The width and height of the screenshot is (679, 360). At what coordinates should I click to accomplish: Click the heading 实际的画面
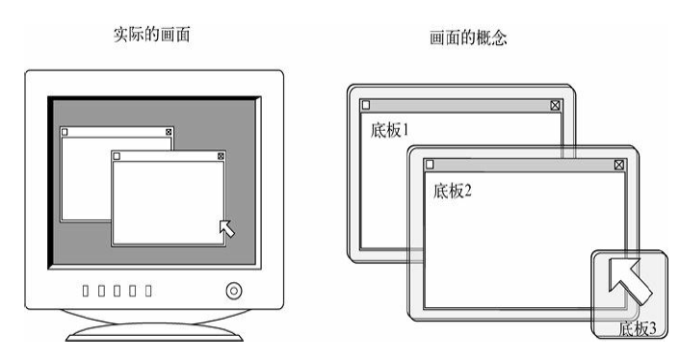pyautogui.click(x=151, y=35)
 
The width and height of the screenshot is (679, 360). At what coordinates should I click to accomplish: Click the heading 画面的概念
pyautogui.click(x=468, y=38)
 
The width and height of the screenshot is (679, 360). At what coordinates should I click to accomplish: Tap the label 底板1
pyautogui.click(x=389, y=130)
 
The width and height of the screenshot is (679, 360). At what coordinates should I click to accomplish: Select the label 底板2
pyautogui.click(x=452, y=191)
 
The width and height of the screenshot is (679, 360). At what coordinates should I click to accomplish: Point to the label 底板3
pyautogui.click(x=638, y=328)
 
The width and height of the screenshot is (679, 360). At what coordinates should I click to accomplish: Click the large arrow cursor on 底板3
pyautogui.click(x=630, y=280)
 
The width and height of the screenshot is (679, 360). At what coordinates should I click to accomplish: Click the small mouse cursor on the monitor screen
pyautogui.click(x=227, y=229)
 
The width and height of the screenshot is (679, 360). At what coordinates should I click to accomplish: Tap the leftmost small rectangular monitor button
pyautogui.click(x=86, y=291)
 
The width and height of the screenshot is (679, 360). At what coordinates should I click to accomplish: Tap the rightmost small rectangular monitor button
pyautogui.click(x=148, y=291)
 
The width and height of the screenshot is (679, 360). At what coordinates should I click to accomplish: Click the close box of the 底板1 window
pyautogui.click(x=555, y=105)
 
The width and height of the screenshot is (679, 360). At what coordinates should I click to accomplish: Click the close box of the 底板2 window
pyautogui.click(x=619, y=165)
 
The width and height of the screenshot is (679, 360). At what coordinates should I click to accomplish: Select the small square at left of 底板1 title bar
pyautogui.click(x=366, y=105)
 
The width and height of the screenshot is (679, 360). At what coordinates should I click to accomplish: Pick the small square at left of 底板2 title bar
pyautogui.click(x=430, y=164)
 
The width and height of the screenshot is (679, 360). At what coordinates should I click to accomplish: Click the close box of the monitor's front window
pyautogui.click(x=221, y=156)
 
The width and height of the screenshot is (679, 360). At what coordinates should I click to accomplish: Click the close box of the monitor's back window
pyautogui.click(x=169, y=132)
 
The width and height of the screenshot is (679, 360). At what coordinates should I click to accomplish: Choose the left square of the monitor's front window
pyautogui.click(x=117, y=156)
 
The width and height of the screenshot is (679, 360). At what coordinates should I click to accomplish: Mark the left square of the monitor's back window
pyautogui.click(x=65, y=132)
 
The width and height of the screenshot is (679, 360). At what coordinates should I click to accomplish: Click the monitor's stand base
pyautogui.click(x=154, y=333)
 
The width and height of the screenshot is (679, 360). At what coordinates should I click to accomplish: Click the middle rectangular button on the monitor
pyautogui.click(x=117, y=291)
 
